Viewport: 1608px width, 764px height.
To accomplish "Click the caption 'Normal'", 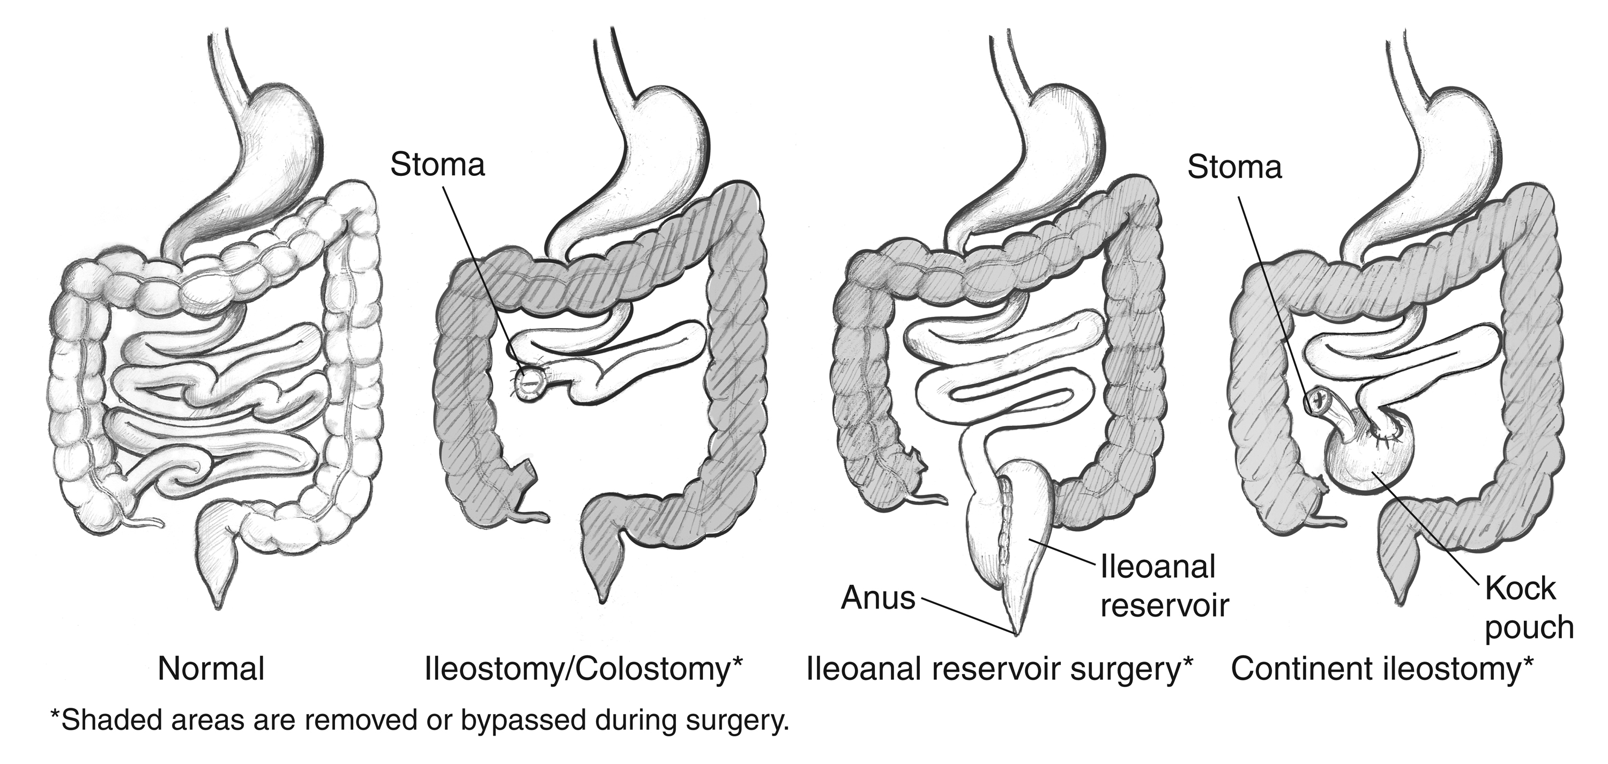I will pyautogui.click(x=211, y=670).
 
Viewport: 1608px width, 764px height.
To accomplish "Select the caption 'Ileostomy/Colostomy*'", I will pyautogui.click(x=583, y=670).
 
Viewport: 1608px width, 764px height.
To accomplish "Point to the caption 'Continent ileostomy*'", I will pyautogui.click(x=1382, y=670).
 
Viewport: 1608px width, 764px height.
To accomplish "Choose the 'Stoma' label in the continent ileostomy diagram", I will pyautogui.click(x=1234, y=167).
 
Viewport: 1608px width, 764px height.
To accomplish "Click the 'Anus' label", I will pyautogui.click(x=877, y=598).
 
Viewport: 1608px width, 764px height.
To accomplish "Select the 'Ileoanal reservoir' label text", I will pyautogui.click(x=1164, y=586).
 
